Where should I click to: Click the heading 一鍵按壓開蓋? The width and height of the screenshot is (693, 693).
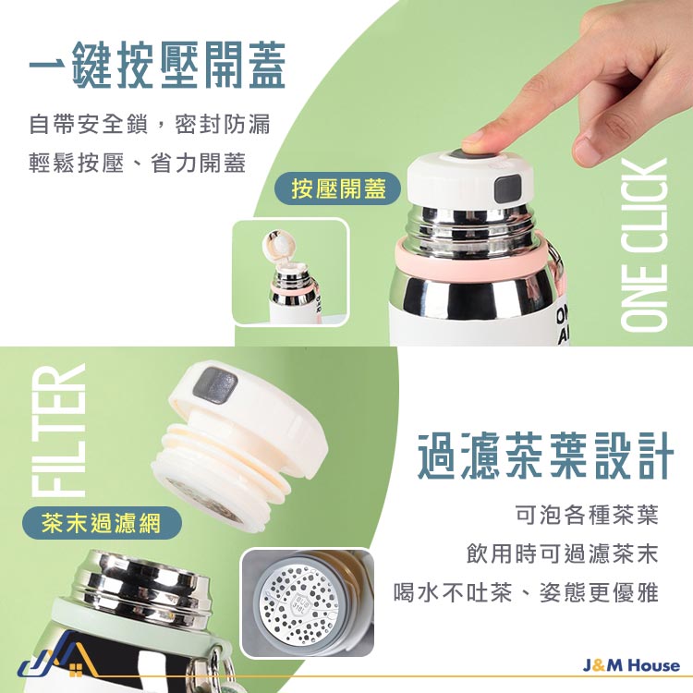(x=157, y=66)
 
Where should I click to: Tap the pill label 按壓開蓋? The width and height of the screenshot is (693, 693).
(x=338, y=188)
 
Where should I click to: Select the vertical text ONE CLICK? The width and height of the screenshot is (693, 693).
(x=644, y=245)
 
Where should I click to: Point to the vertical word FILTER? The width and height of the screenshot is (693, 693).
(x=59, y=430)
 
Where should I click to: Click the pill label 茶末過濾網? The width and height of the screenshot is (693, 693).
(x=102, y=523)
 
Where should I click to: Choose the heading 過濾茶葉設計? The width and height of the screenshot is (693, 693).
(x=545, y=456)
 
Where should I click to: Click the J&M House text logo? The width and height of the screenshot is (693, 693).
(x=631, y=665)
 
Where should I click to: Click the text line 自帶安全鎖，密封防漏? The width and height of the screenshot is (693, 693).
(x=150, y=124)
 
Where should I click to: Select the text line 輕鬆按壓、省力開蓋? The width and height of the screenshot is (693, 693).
(x=138, y=163)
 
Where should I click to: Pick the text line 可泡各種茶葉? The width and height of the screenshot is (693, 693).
(x=587, y=515)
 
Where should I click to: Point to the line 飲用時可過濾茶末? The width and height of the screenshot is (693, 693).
(x=563, y=553)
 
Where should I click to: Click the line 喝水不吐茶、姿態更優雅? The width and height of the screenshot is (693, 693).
(x=527, y=591)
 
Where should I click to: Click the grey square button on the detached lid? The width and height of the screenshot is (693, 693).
(x=215, y=384)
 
